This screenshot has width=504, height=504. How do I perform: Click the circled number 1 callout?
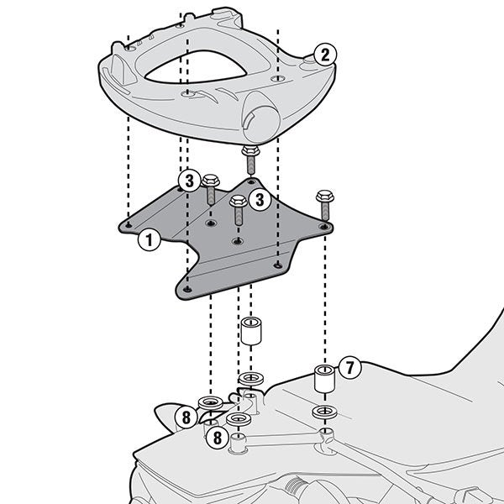click(x=148, y=240)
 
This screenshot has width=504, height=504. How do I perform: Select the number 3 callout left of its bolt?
click(x=190, y=181)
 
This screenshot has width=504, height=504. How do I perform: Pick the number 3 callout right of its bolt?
click(x=260, y=199)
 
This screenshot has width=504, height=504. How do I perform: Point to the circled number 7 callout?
click(x=350, y=368)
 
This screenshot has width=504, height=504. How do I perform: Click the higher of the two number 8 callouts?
click(x=186, y=416)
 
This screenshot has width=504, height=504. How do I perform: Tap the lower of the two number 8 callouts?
click(x=217, y=437)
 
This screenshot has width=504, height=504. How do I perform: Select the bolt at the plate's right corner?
click(x=325, y=204)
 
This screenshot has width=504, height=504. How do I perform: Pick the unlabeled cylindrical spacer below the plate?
click(x=249, y=329)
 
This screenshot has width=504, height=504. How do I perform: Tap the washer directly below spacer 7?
click(x=323, y=412)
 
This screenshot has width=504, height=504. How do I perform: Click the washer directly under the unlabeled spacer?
click(x=249, y=380)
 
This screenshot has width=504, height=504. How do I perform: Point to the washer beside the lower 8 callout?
click(x=239, y=419)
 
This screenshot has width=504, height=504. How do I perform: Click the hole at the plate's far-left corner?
click(x=126, y=225)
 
